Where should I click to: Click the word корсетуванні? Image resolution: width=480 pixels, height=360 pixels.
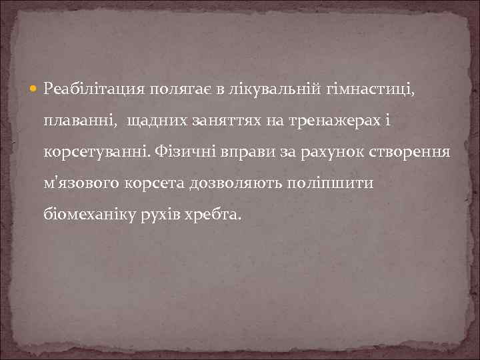(97, 151)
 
